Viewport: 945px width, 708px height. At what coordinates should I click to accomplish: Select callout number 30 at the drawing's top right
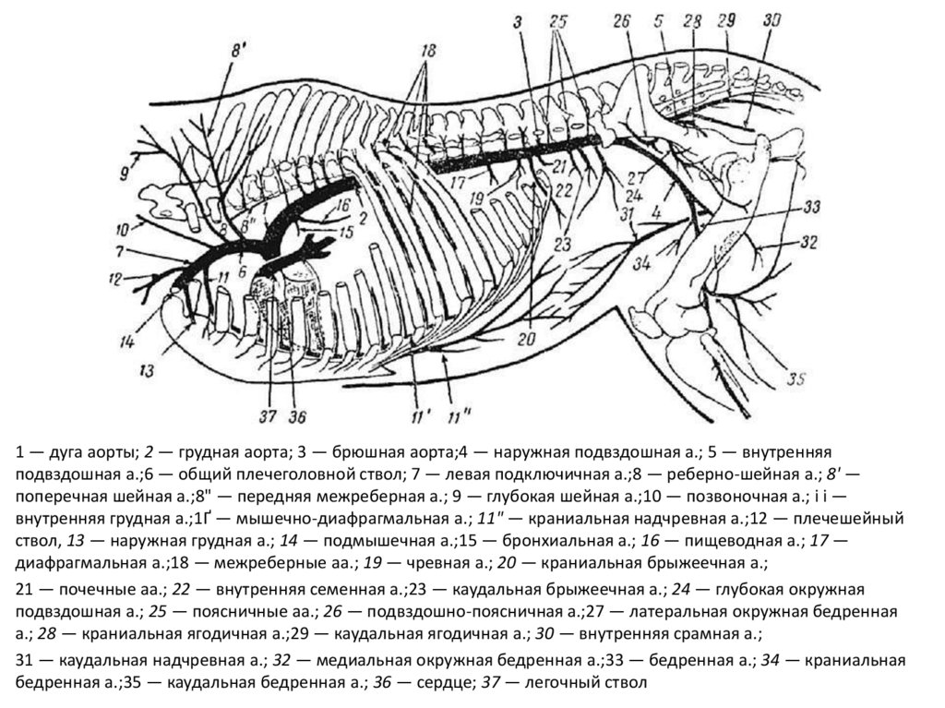(x=772, y=19)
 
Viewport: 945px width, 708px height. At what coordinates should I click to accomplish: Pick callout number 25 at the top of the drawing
(x=556, y=20)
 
